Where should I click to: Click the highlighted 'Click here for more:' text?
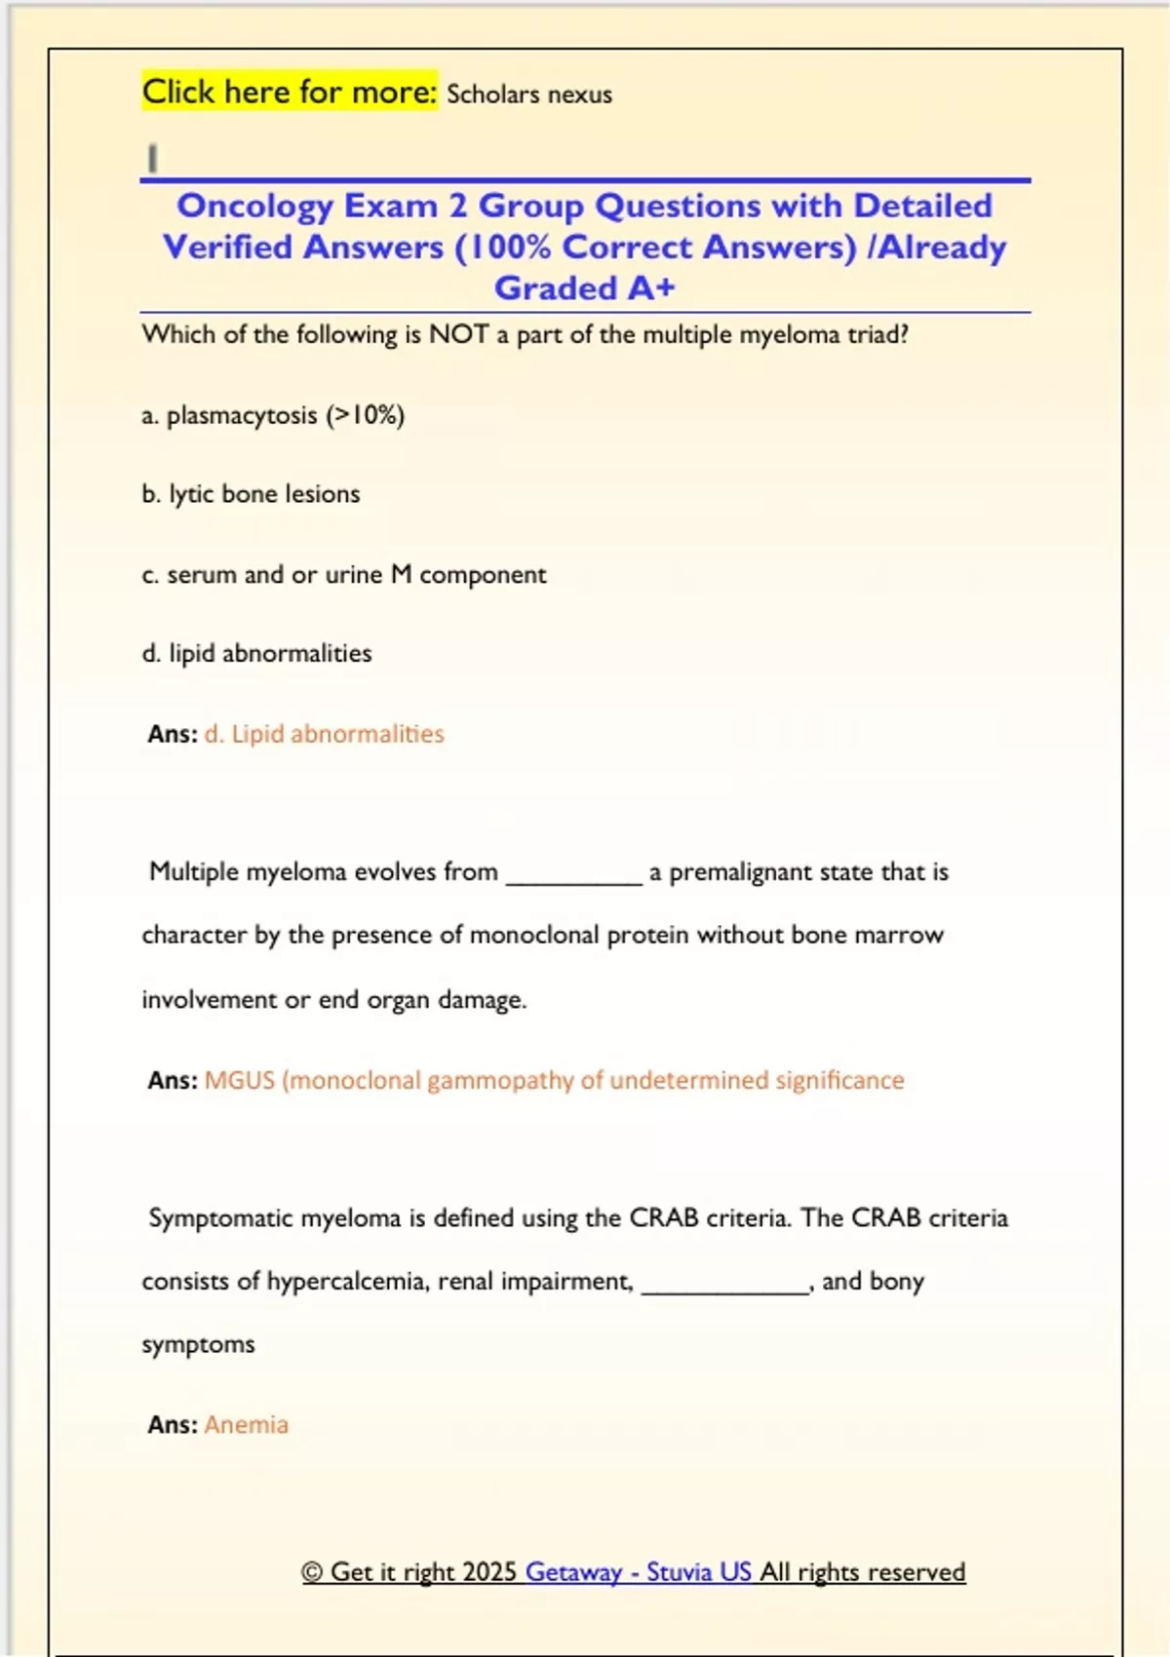290,92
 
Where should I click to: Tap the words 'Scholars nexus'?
528,95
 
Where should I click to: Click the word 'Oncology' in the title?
254,206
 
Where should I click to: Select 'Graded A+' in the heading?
584,289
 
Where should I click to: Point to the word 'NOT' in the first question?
458,334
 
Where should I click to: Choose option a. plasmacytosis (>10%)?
273,415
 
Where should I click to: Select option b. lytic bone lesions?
252,494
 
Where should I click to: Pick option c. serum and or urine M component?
344,575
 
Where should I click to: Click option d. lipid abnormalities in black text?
257,653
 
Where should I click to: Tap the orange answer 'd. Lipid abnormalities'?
324,734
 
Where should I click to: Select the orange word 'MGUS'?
239,1080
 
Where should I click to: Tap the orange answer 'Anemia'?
247,1425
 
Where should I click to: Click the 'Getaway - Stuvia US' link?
638,1572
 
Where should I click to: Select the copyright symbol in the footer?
312,1572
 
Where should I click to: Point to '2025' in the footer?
489,1572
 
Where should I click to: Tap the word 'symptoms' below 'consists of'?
198,1345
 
